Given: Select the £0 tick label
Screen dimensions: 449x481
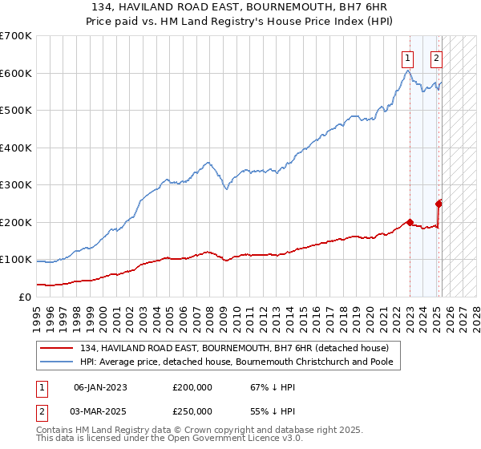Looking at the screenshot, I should click(26, 297).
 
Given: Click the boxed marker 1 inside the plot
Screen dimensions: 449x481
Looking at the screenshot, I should click(408, 57).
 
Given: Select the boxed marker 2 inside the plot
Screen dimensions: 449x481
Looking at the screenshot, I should click(437, 57).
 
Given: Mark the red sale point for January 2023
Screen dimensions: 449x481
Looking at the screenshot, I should click(410, 222).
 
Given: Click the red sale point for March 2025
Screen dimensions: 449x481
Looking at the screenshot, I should click(439, 204).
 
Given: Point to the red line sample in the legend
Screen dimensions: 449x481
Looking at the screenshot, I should click(58, 348).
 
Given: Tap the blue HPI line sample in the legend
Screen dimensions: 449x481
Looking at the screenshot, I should click(58, 362).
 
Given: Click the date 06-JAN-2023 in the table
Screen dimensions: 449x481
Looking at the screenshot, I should click(100, 387).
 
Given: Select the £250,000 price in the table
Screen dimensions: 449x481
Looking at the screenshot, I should click(192, 411).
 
